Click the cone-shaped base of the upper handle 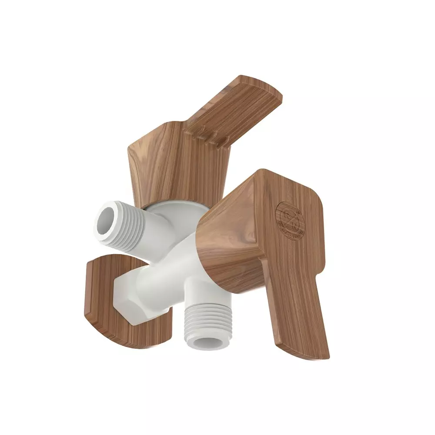174,165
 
